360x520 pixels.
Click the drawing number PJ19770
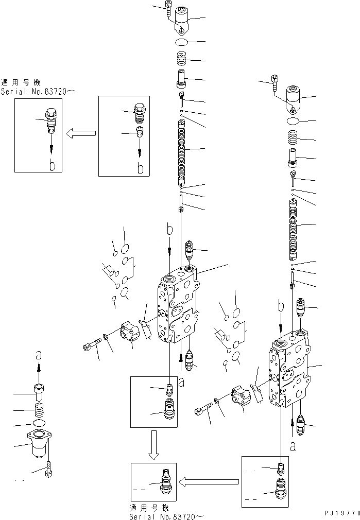point(341,514)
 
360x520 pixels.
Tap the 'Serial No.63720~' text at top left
point(38,92)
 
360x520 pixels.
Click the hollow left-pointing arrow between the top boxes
point(81,134)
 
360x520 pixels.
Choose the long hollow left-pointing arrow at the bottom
point(209,482)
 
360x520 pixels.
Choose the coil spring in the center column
point(182,59)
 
